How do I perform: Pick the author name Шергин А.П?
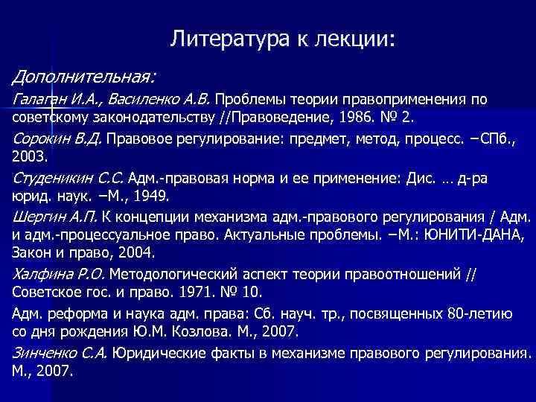point(56,218)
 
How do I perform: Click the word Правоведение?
point(277,118)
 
